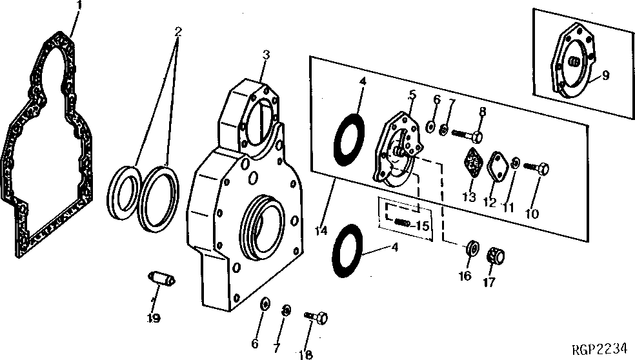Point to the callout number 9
tap(605, 75)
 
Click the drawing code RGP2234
tap(600, 349)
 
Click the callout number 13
tap(470, 197)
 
